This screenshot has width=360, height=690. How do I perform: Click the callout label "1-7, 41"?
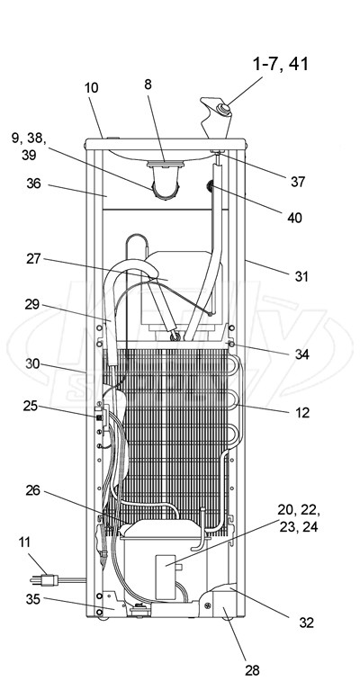(280, 64)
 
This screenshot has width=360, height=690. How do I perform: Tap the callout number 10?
(92, 87)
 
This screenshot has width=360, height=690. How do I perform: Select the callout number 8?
(148, 85)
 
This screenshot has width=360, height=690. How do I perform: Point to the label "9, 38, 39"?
(29, 147)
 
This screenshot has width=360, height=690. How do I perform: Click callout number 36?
(33, 184)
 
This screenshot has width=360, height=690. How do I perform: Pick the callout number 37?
(298, 182)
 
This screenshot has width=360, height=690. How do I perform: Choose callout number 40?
(294, 218)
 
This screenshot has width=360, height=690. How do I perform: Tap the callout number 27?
(33, 259)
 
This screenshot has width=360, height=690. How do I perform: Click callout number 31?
(301, 277)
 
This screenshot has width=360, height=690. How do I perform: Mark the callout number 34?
(301, 354)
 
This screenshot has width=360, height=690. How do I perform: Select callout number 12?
(302, 413)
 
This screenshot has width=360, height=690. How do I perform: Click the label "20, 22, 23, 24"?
(299, 518)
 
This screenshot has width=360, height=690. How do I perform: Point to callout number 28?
(252, 670)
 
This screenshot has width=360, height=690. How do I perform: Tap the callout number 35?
(32, 599)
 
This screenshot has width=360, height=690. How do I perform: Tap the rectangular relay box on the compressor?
(166, 577)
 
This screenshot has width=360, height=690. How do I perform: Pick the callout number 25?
(31, 406)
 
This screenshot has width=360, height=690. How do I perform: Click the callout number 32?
(307, 623)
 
